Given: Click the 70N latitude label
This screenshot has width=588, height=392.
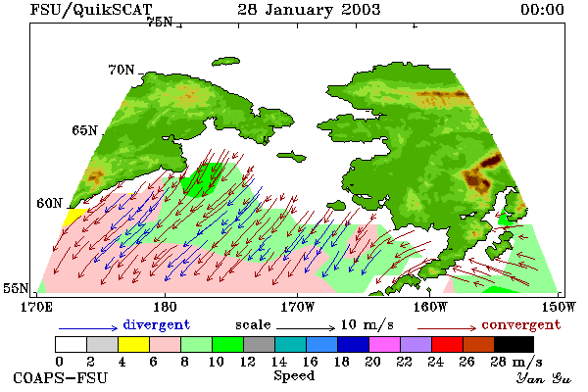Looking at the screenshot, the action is click(122, 70).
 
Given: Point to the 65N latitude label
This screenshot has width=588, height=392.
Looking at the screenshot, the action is click(84, 130).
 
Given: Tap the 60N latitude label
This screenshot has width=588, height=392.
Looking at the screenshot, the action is click(49, 203).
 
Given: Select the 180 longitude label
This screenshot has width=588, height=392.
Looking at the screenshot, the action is click(165, 307).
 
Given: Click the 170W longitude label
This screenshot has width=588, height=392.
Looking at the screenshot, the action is click(297, 307).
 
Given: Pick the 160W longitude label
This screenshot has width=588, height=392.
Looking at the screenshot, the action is click(430, 307).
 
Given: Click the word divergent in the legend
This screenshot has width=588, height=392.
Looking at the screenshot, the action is click(157, 324).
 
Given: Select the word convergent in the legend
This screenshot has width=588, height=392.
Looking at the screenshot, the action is click(521, 324).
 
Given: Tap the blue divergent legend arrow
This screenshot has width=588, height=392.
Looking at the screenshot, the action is click(88, 328).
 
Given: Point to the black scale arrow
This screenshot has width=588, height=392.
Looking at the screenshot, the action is click(306, 328).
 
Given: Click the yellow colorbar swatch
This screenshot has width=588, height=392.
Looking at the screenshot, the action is click(133, 344).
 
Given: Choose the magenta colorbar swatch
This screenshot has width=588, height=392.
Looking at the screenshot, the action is click(385, 344).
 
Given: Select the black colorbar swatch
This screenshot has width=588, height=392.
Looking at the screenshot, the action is click(514, 344).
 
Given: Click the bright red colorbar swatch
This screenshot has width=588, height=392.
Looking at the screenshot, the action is click(448, 344).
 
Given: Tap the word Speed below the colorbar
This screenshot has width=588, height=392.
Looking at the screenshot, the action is click(294, 376).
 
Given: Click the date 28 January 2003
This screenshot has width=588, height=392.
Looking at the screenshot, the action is click(309, 9).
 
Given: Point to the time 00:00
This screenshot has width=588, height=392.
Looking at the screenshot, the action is click(542, 10).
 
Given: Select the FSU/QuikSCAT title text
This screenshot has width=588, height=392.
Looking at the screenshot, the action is click(91, 10).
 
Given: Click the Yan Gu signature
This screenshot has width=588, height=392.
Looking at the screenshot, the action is click(543, 378).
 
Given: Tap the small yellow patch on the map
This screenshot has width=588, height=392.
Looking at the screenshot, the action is click(74, 217).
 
